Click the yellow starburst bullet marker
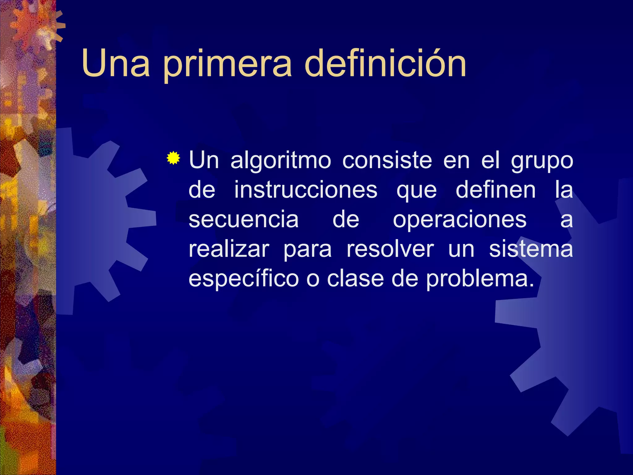click(x=173, y=159)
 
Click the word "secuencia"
click(x=244, y=219)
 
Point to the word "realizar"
click(x=229, y=249)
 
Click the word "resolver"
click(x=390, y=249)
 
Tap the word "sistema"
click(x=531, y=249)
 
